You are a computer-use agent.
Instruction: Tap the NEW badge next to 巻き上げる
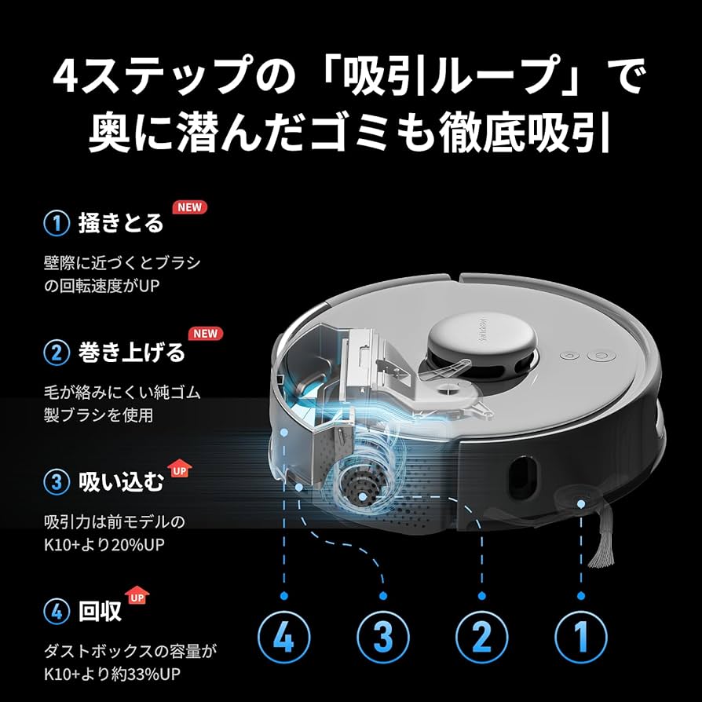[205, 333]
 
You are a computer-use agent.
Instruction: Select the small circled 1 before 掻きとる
[57, 223]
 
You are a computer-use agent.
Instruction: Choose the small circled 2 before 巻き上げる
[57, 353]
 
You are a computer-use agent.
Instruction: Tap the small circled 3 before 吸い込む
[57, 482]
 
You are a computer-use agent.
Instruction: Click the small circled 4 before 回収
[57, 611]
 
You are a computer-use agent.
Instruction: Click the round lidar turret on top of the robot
[481, 336]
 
